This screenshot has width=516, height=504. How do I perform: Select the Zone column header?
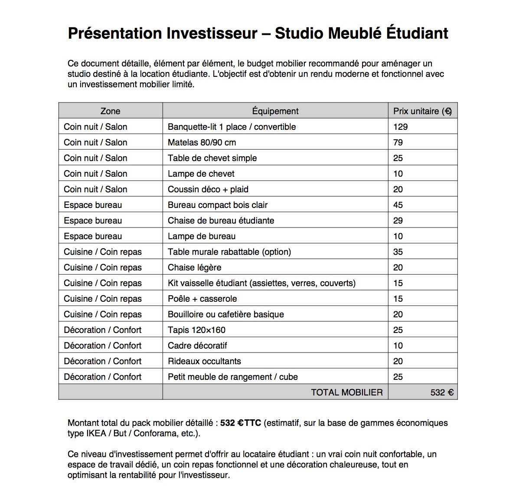point(110,111)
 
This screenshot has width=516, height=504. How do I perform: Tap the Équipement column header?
point(275,111)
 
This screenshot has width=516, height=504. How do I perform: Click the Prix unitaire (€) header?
point(422,111)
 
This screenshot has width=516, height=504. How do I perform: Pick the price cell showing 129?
point(401,127)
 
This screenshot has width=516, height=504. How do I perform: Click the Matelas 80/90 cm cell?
point(202,142)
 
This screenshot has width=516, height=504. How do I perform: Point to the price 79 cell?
point(398,142)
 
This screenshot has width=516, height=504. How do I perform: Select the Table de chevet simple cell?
point(212,158)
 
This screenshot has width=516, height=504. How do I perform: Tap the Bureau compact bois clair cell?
point(218,205)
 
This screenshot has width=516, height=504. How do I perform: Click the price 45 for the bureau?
point(398,205)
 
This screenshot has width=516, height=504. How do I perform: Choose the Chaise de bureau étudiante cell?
point(221,221)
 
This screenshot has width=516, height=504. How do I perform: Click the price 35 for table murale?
point(398,252)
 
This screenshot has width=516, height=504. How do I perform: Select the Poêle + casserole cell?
point(202,299)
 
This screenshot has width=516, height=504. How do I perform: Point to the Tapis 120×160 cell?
point(196,330)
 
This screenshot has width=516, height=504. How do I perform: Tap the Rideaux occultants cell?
point(204,361)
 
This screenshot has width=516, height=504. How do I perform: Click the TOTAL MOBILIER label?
point(347,392)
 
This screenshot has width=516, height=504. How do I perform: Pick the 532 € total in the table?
point(442,392)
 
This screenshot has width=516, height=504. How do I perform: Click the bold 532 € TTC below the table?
point(241,423)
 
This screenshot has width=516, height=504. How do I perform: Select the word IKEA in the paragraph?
point(96,433)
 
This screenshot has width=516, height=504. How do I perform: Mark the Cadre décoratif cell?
point(197,346)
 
